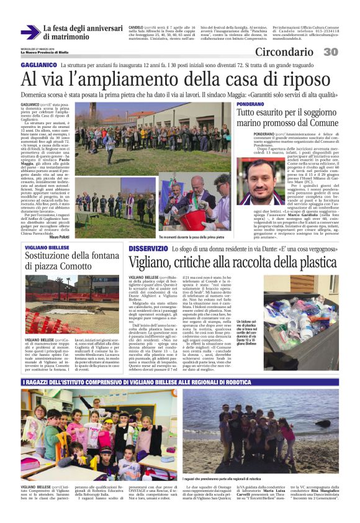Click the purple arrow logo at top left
[30, 32]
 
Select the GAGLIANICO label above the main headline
[39, 65]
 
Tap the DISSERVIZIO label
[148, 248]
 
